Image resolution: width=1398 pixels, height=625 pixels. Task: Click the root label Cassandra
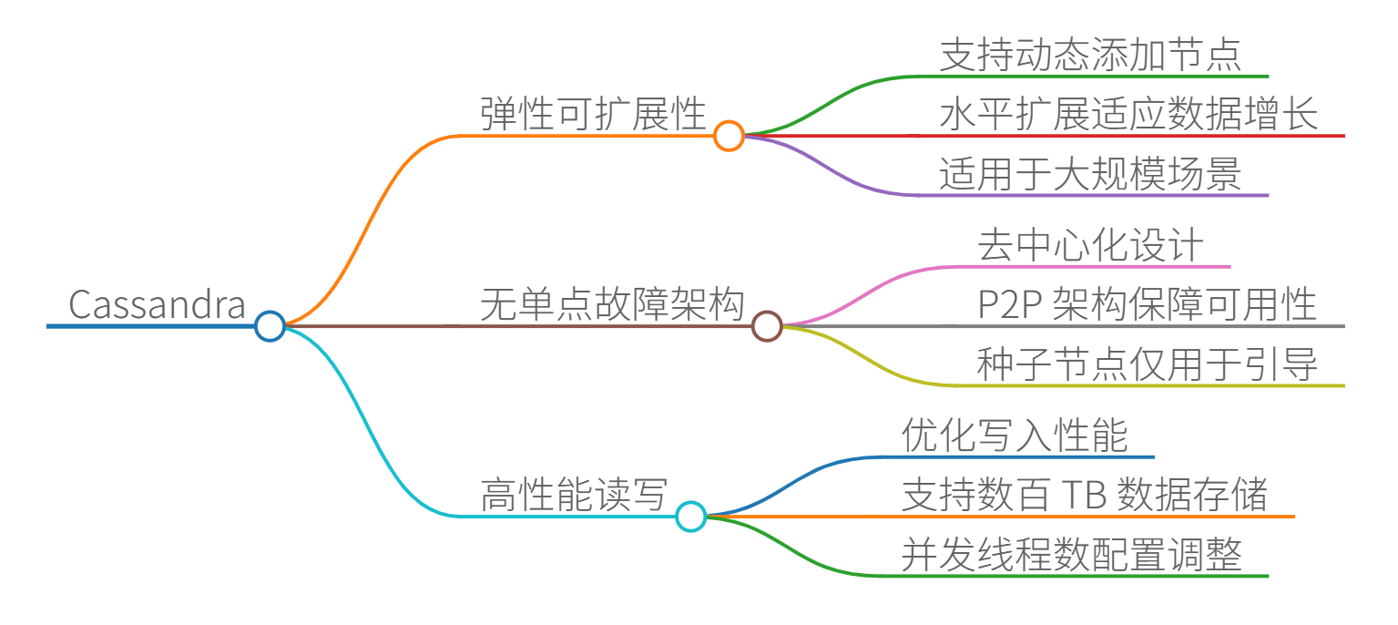tap(158, 304)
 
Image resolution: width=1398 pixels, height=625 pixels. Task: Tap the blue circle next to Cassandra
tap(270, 325)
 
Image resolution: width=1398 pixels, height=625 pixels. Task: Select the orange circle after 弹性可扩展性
tap(729, 136)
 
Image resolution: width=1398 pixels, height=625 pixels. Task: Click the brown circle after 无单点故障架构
tap(767, 325)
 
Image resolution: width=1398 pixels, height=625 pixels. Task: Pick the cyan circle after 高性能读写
tap(690, 517)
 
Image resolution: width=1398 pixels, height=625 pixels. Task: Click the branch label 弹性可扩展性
tap(593, 115)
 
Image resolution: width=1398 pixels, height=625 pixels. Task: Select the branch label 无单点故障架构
tap(612, 304)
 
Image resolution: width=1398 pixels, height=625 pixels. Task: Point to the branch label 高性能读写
tap(574, 496)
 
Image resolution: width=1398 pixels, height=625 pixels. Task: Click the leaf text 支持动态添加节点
tap(1090, 56)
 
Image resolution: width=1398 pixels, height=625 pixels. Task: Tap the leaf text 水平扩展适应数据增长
tap(1128, 116)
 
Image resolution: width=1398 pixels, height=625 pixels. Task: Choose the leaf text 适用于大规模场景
tap(1090, 174)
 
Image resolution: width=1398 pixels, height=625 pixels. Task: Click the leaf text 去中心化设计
tap(1090, 246)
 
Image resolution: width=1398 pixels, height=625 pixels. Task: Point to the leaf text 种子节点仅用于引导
tap(1147, 364)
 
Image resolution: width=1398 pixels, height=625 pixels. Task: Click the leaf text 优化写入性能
tap(1015, 435)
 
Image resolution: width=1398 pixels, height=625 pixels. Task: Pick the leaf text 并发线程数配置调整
tap(1071, 555)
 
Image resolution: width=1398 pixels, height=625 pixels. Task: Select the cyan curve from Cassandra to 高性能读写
tap(364, 419)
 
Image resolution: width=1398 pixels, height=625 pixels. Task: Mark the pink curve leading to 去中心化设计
tap(874, 289)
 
